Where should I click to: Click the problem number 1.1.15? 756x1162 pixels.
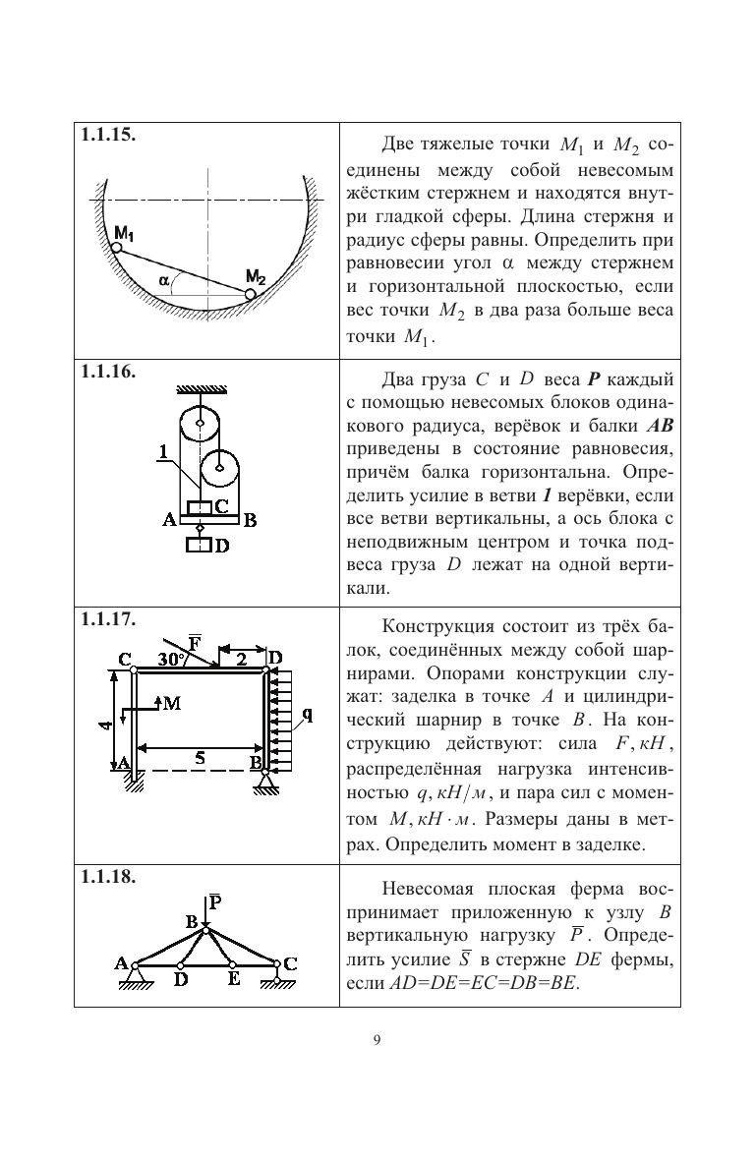coord(108,136)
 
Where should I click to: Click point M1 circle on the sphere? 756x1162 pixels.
coord(116,248)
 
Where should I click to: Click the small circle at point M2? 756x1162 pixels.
coord(250,293)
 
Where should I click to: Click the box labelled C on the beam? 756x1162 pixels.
coord(202,508)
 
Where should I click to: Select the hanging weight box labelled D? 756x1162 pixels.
coord(200,544)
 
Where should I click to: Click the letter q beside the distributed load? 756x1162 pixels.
coord(307,715)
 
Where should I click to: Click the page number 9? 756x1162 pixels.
coord(378,1041)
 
